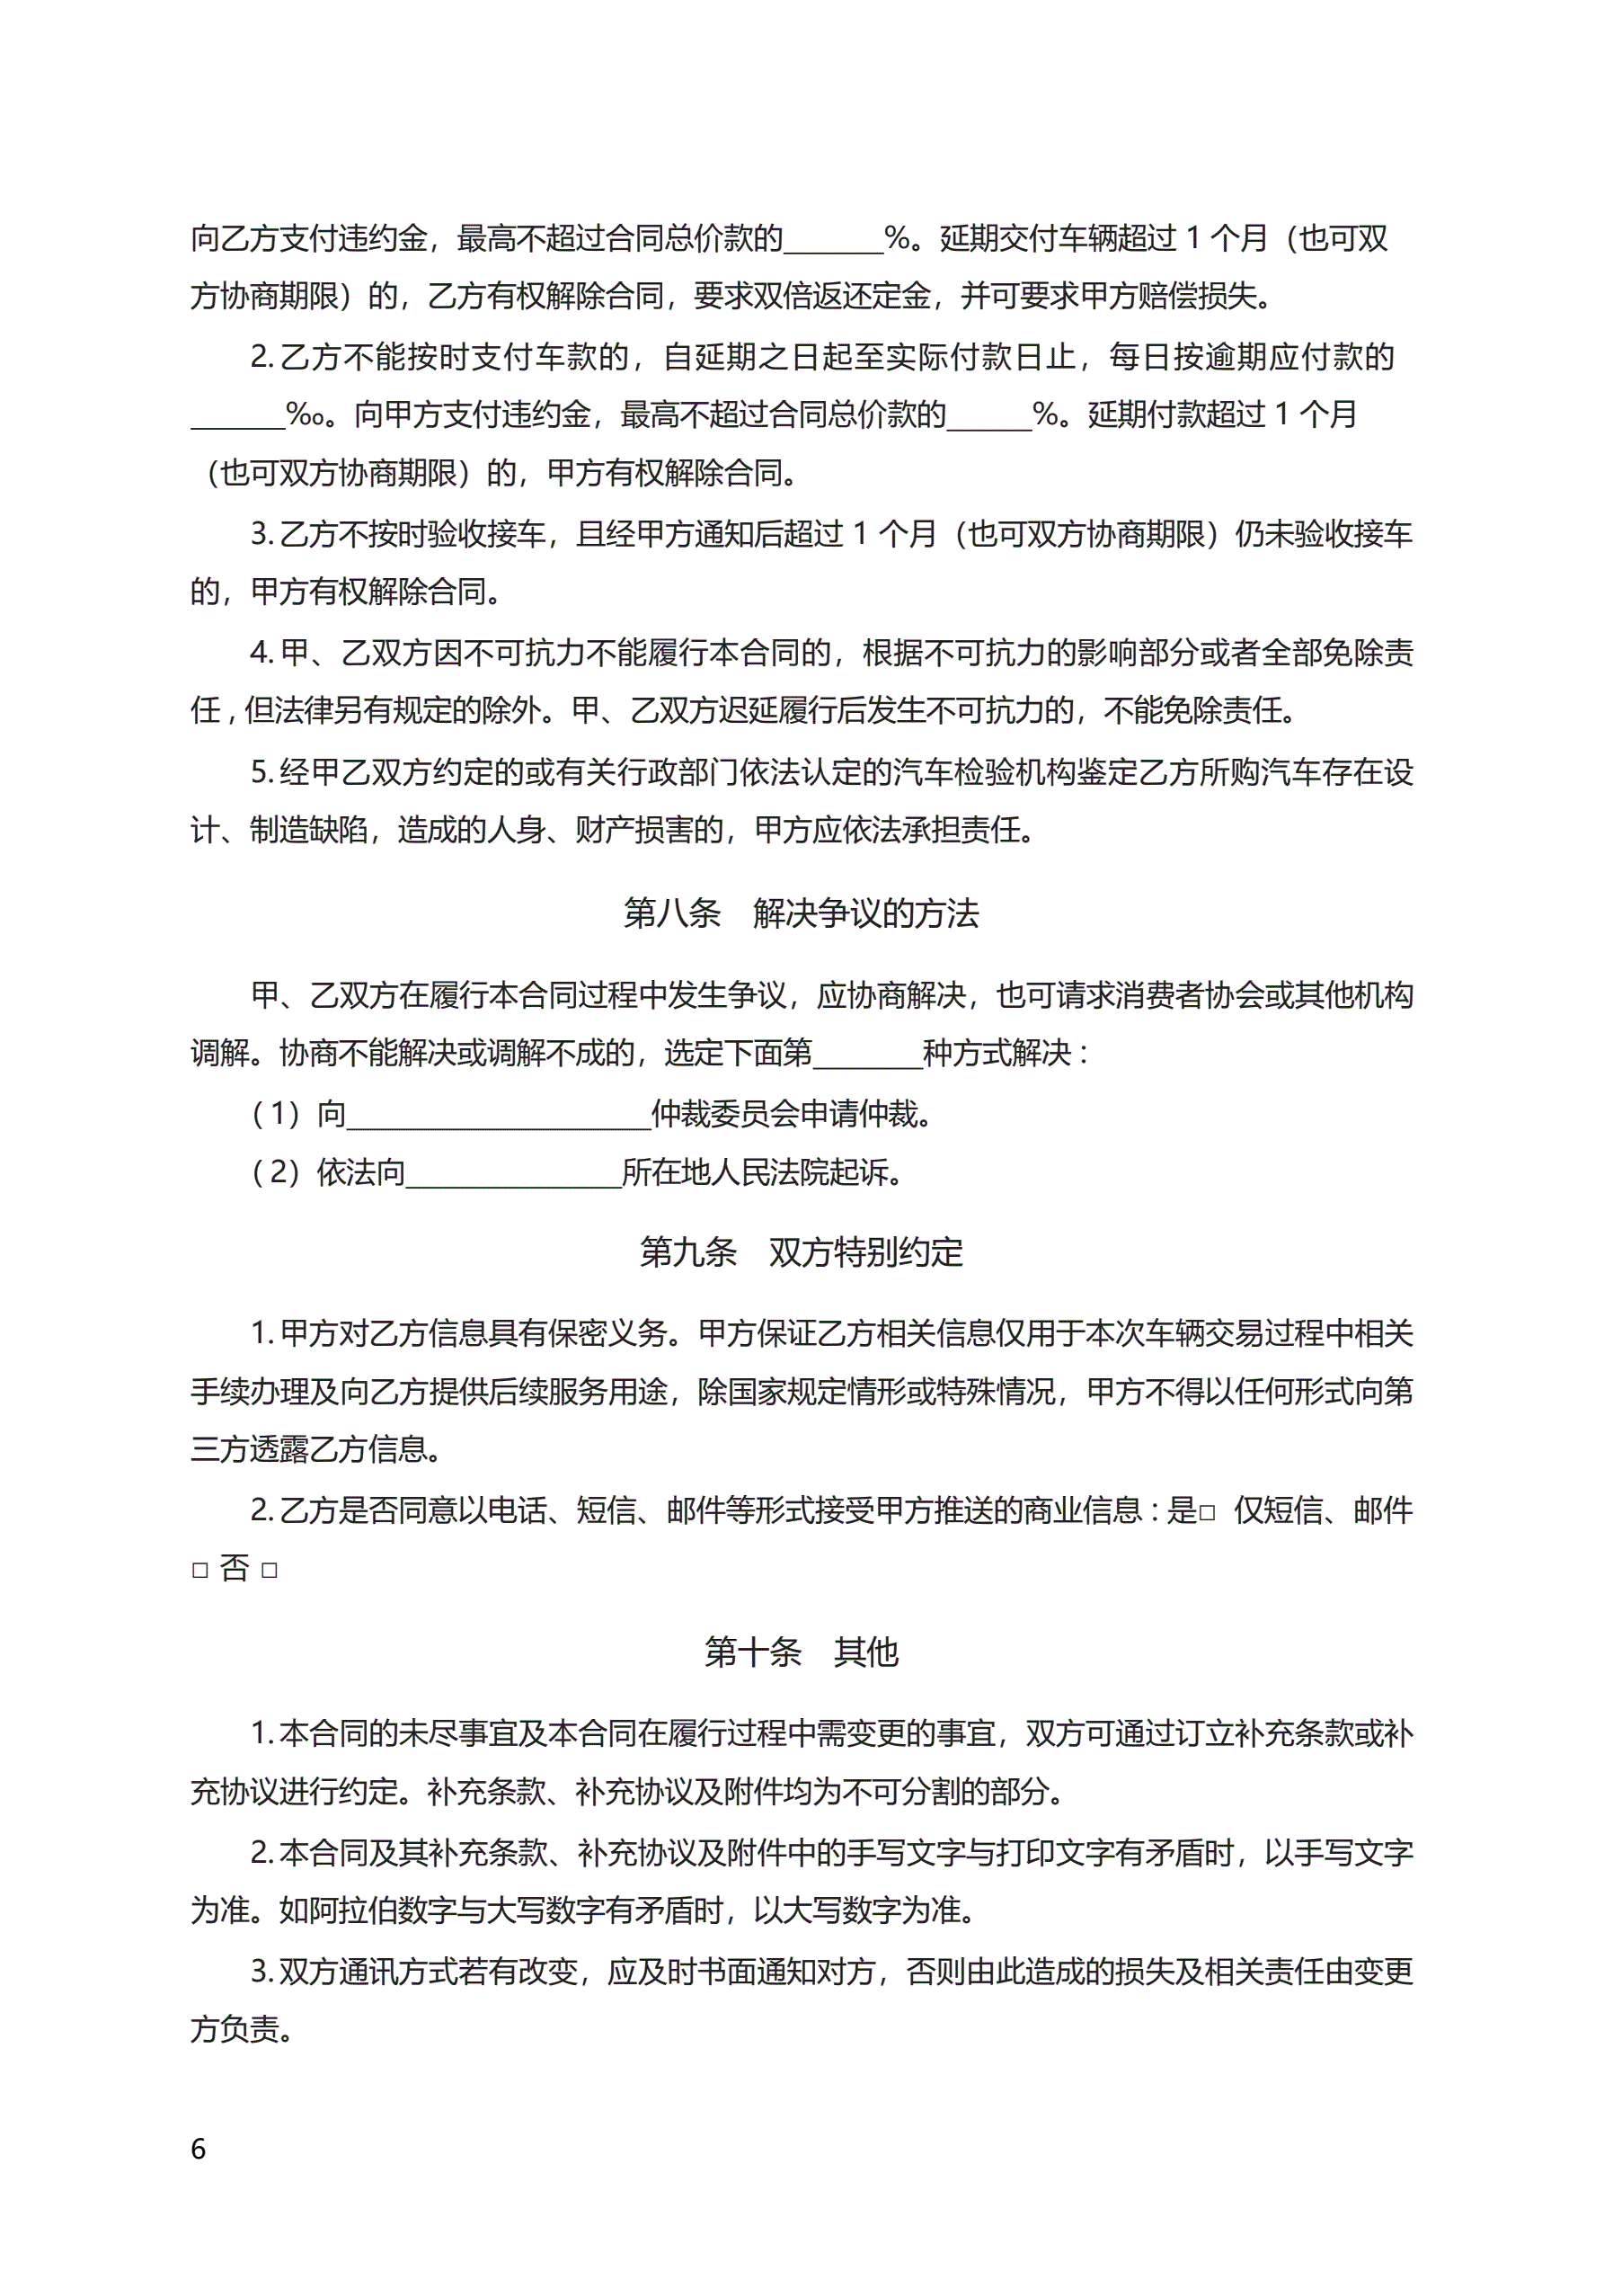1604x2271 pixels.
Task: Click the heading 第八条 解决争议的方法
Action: (x=801, y=913)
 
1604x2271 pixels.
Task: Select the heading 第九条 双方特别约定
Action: (x=801, y=1252)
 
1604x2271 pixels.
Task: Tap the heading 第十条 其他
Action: (x=801, y=1652)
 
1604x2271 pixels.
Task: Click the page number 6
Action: (x=198, y=2150)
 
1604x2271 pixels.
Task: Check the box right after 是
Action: (x=1207, y=1513)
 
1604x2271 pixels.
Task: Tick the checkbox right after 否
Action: (x=269, y=1571)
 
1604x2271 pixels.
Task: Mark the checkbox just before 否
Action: (x=199, y=1571)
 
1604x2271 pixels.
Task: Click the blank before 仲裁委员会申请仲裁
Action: (x=499, y=1116)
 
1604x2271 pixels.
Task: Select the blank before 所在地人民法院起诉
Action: (x=513, y=1174)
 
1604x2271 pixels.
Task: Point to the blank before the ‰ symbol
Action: (x=237, y=415)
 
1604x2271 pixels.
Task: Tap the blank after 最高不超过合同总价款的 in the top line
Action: (x=833, y=239)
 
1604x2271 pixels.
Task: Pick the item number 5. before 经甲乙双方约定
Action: (x=262, y=772)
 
